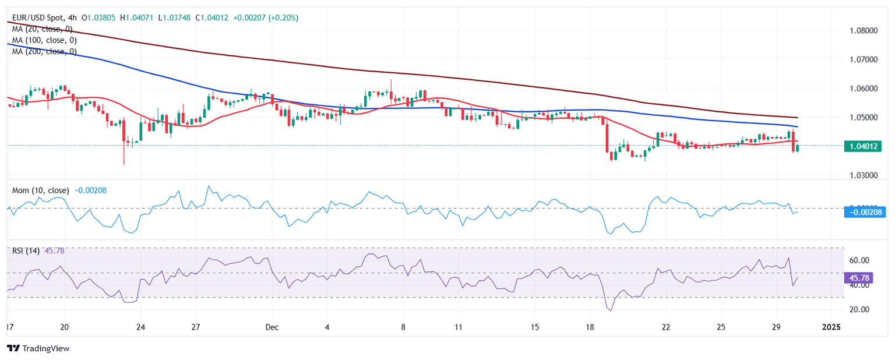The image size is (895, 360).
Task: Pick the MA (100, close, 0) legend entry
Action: [x=44, y=40]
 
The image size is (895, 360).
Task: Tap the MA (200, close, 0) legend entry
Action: [x=44, y=51]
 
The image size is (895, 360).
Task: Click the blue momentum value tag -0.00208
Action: [x=864, y=212]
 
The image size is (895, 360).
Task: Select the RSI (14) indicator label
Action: [x=26, y=251]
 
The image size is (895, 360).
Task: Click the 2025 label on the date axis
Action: [x=831, y=327]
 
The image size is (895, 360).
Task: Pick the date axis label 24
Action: [x=141, y=327]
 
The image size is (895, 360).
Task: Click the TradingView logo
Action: [x=38, y=348]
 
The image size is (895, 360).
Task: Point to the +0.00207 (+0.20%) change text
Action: [x=265, y=18]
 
